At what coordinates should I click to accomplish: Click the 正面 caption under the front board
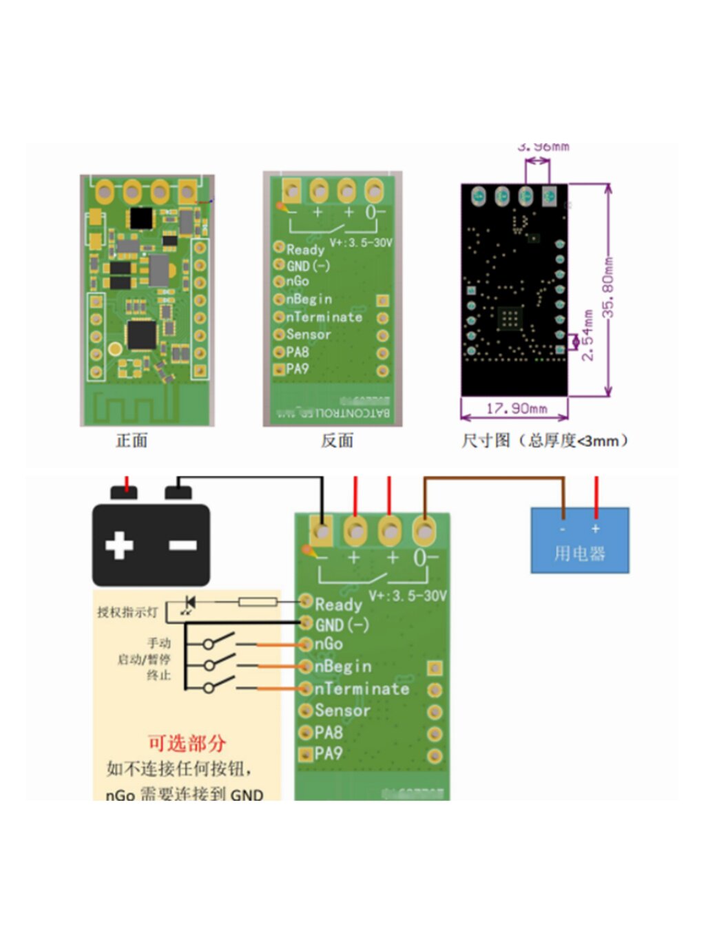(132, 441)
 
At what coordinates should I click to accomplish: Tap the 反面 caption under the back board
(337, 441)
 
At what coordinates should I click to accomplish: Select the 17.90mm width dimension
(517, 408)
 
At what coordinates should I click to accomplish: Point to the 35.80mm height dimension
(608, 287)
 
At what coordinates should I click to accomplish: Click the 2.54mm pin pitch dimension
(587, 335)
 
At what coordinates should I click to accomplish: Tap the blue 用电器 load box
(579, 541)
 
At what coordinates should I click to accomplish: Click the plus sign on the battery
(119, 545)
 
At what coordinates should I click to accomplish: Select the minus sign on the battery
(183, 545)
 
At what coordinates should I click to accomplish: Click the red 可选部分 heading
(187, 744)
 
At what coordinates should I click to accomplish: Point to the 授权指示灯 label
(127, 612)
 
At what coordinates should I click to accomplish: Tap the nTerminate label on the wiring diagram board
(362, 689)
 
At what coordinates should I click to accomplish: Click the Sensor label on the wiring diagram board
(342, 710)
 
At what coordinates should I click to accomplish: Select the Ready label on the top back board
(305, 249)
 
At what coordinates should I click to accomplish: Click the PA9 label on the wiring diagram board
(328, 753)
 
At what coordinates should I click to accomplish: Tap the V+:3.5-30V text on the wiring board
(408, 596)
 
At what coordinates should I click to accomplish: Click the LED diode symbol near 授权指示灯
(189, 604)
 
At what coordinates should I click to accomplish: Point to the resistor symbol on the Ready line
(258, 602)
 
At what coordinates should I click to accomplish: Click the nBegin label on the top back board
(309, 300)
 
